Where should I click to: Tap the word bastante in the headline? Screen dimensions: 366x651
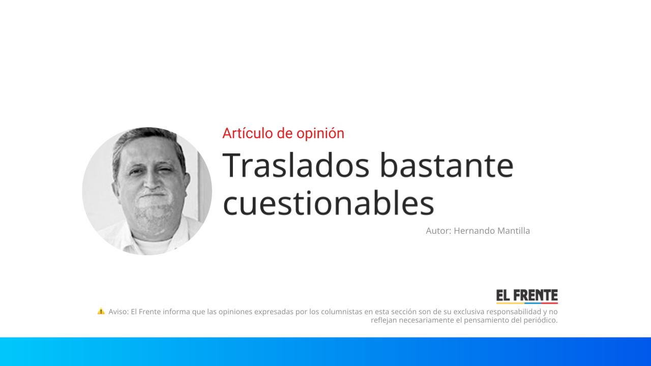(447, 165)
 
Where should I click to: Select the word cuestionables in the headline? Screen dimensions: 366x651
(329, 203)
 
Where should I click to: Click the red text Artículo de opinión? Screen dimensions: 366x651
(283, 133)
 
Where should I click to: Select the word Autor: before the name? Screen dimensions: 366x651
(438, 231)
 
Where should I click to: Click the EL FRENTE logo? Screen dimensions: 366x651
(527, 296)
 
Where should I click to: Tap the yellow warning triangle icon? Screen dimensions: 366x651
(101, 311)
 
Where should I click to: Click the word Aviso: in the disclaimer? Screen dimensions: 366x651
(119, 312)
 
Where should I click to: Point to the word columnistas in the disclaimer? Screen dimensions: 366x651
(341, 312)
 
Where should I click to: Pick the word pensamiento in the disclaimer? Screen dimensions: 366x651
(486, 320)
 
